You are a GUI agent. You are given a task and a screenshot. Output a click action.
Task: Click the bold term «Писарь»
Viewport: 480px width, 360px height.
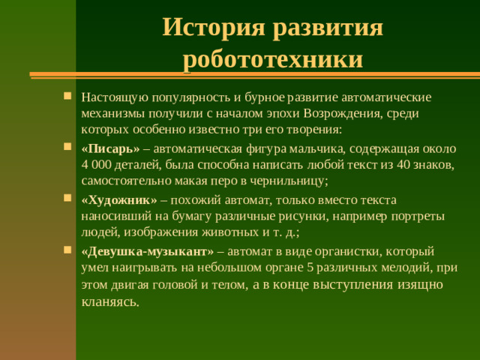(x=110, y=148)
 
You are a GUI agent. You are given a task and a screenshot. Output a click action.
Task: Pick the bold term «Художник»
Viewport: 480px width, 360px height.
(x=119, y=199)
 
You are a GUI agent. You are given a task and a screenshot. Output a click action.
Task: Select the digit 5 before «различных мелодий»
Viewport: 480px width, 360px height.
(x=310, y=268)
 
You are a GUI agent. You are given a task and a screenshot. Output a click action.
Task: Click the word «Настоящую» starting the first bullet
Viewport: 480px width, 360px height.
(x=114, y=97)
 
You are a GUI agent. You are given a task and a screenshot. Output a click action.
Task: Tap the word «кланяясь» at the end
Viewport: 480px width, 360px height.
(x=109, y=302)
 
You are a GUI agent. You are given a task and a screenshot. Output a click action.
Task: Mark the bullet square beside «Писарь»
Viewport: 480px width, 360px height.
(x=68, y=148)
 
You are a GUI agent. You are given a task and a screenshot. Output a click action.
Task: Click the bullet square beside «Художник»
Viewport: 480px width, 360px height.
(x=68, y=199)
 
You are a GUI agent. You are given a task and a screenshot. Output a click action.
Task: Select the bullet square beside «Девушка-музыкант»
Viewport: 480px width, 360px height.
(x=68, y=250)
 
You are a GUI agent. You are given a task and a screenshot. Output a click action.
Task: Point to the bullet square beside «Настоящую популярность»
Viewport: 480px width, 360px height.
(x=68, y=97)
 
